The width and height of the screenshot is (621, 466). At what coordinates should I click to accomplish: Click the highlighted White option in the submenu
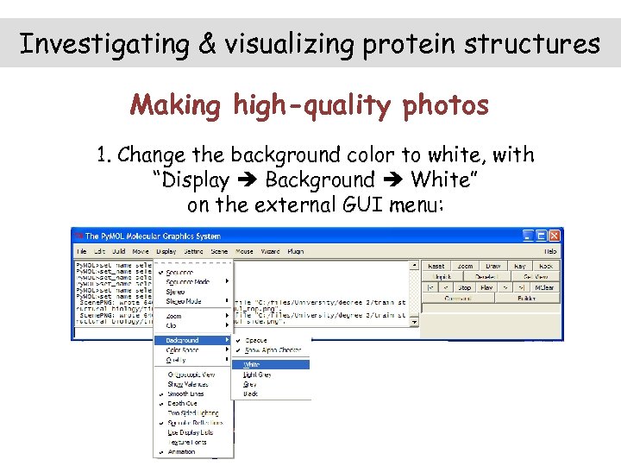(x=251, y=364)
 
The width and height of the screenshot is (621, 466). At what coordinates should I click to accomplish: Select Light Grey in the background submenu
(x=257, y=374)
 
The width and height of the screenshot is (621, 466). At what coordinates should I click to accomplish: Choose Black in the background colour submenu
(x=251, y=393)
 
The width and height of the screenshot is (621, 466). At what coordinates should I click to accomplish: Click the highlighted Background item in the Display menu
(x=183, y=340)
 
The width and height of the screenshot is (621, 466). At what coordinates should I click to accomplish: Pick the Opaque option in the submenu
(x=256, y=340)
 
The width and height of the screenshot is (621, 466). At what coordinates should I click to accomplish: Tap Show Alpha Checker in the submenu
(x=273, y=350)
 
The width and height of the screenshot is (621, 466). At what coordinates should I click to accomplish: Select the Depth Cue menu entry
(x=182, y=403)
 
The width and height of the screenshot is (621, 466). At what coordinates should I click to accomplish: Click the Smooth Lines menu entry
(x=185, y=394)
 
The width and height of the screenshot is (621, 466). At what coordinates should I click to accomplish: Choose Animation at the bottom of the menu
(x=181, y=451)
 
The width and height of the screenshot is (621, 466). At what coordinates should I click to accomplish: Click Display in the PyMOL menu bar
(x=166, y=251)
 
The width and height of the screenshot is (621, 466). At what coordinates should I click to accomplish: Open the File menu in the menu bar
(x=80, y=251)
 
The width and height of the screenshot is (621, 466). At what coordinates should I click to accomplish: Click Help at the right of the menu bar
(x=550, y=251)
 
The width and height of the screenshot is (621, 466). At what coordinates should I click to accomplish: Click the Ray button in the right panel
(x=519, y=266)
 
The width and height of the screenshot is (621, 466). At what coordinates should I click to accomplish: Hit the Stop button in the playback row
(x=465, y=287)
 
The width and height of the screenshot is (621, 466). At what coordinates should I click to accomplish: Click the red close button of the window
(x=555, y=235)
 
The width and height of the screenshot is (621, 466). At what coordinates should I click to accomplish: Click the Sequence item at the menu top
(x=179, y=272)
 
